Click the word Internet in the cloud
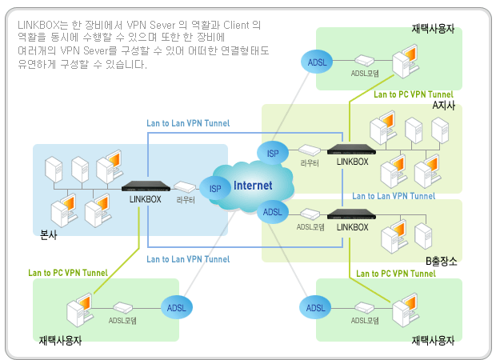coord(253,186)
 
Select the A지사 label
coord(443,106)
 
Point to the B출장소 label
coord(441,261)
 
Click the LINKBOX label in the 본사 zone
coord(146,199)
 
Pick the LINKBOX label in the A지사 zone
coord(352,162)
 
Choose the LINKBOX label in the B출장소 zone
coord(352,227)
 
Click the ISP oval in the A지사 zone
coord(272,152)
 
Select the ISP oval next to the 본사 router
coord(215,190)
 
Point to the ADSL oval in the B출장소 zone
coord(272,212)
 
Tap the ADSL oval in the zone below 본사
coord(176,306)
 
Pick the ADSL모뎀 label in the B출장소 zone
coord(310,227)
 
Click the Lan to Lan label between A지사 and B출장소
coord(394,196)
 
